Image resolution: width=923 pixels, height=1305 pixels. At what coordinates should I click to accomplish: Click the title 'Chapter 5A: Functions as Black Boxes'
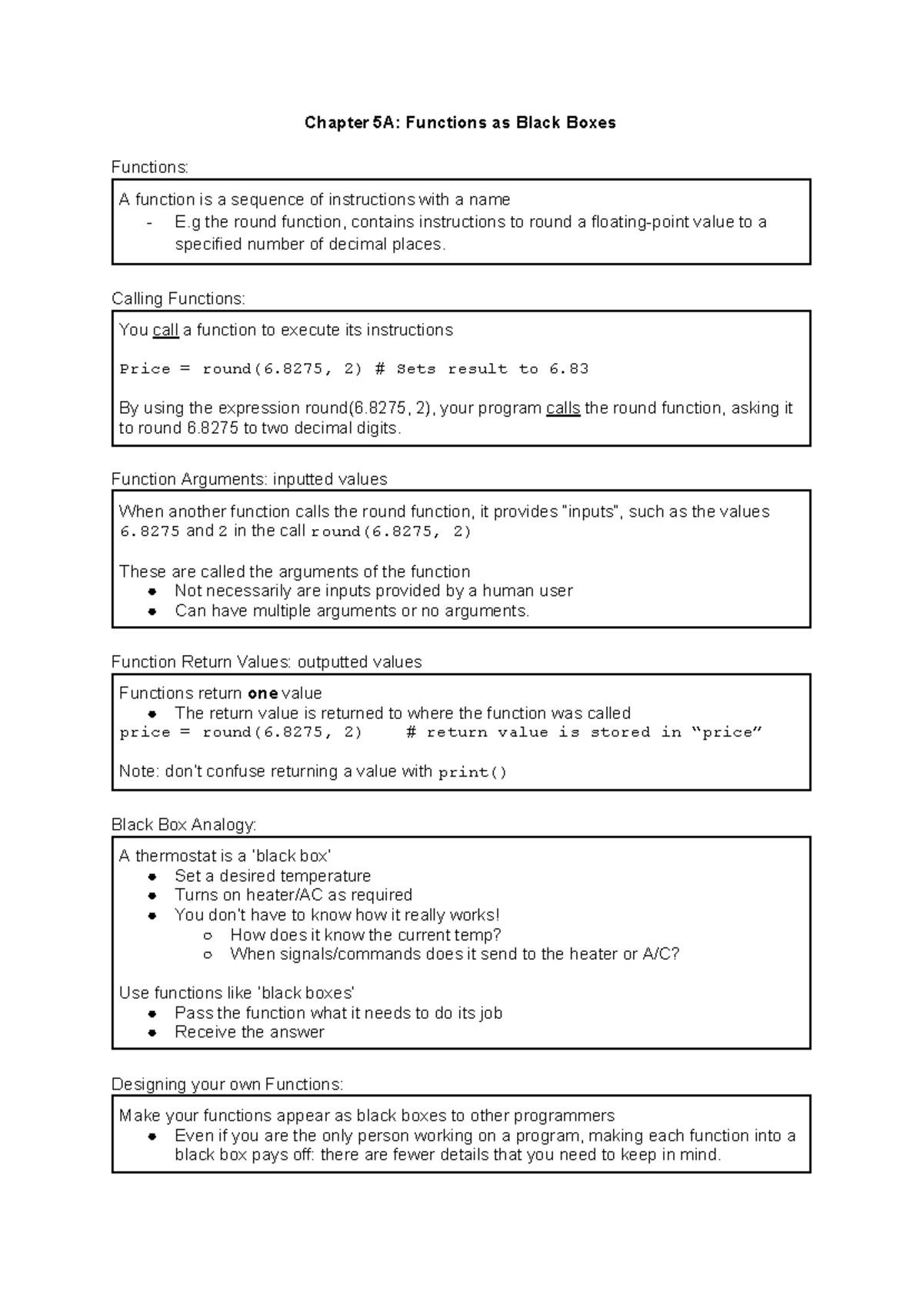click(x=460, y=123)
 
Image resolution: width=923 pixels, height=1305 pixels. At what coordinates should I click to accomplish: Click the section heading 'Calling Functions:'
click(x=178, y=298)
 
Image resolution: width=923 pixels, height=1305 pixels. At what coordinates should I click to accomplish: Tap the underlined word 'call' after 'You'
click(x=165, y=331)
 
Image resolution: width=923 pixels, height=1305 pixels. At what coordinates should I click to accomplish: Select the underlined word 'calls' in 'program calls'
click(x=562, y=408)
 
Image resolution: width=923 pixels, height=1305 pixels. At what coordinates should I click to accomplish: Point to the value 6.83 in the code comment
click(x=568, y=369)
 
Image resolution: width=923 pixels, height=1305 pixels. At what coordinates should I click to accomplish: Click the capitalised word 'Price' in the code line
click(x=145, y=369)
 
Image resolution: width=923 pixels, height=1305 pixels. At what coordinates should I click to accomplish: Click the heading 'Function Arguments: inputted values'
click(x=249, y=479)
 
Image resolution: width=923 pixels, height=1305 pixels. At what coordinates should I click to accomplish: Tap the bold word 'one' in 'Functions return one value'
click(x=263, y=694)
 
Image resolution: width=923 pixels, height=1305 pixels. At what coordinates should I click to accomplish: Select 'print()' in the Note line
click(x=472, y=773)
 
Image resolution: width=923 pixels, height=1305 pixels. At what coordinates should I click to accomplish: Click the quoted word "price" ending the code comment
click(x=727, y=733)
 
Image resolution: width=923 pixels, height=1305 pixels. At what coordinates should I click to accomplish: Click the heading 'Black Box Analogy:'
click(x=183, y=824)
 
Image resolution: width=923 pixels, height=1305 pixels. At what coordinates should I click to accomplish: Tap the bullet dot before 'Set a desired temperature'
click(x=153, y=877)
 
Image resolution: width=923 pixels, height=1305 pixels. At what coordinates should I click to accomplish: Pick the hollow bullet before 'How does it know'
click(x=208, y=935)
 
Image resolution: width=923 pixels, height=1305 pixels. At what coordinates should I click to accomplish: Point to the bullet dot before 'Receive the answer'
click(x=153, y=1033)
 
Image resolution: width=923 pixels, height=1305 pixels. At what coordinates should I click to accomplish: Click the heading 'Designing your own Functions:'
click(x=227, y=1084)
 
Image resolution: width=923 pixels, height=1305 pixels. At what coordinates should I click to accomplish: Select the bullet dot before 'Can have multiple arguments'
click(x=153, y=612)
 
